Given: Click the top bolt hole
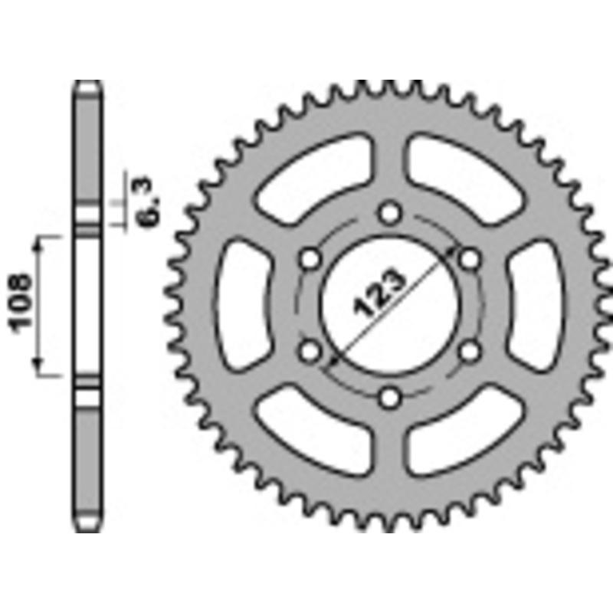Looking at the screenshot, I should pos(391,211).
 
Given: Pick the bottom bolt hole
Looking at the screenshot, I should pos(391,397).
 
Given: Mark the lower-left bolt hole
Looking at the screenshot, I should pos(310,351).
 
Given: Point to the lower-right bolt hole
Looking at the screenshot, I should pos(470,351).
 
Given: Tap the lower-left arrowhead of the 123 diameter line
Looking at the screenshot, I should pos(331,361).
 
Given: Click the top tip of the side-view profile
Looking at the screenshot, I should pos(88,82).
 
